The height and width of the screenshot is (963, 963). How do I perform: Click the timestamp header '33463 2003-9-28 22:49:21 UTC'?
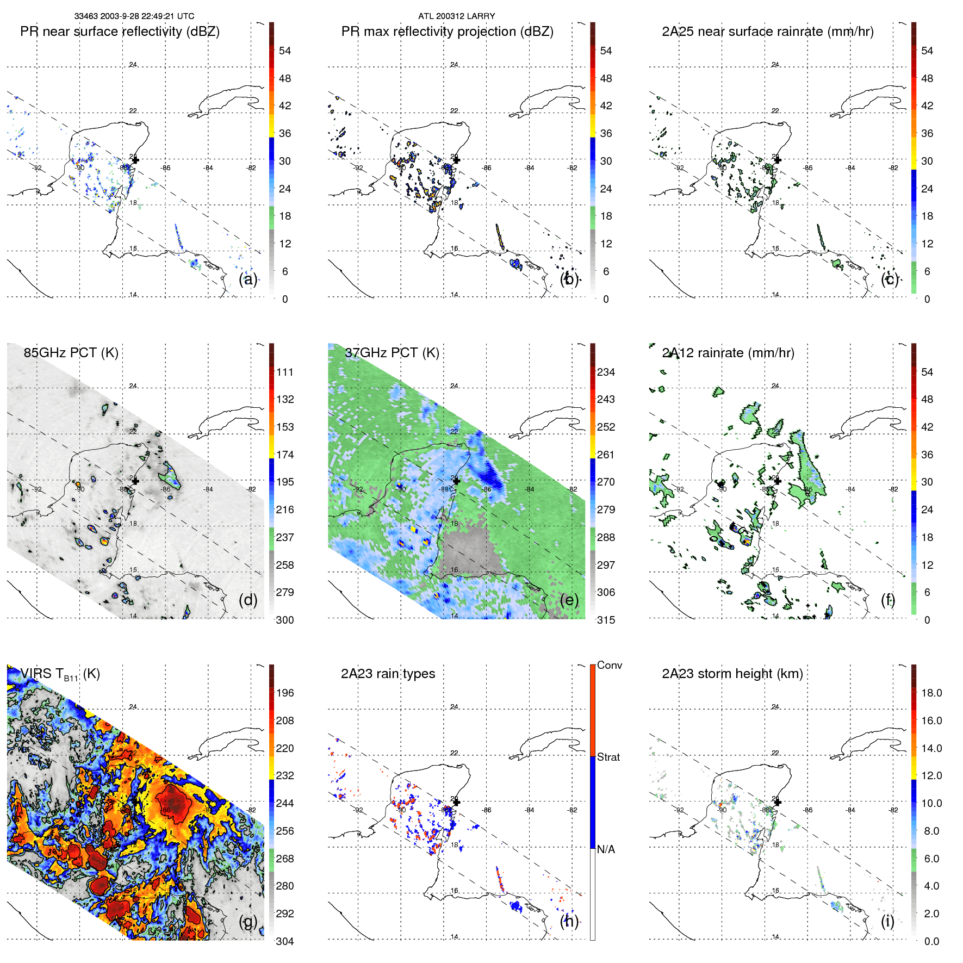click(134, 16)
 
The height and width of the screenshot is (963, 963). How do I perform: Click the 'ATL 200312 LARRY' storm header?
click(456, 16)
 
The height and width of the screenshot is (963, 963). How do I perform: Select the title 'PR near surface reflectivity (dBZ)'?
click(120, 32)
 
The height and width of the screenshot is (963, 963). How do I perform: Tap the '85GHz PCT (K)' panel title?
click(71, 352)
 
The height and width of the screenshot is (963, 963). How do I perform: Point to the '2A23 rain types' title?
click(388, 674)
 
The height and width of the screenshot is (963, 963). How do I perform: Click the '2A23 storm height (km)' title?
click(732, 674)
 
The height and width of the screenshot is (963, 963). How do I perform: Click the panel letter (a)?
click(248, 279)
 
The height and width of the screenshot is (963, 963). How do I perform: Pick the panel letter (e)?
click(569, 600)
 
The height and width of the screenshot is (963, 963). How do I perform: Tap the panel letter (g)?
click(248, 921)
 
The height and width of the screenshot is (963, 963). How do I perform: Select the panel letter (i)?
click(887, 921)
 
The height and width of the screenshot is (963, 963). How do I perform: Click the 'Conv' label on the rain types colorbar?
click(609, 665)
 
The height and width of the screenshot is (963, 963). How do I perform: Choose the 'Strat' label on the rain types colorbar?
click(608, 757)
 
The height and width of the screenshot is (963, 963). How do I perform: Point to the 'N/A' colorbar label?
click(606, 849)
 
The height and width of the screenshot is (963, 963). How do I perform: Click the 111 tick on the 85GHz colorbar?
click(285, 372)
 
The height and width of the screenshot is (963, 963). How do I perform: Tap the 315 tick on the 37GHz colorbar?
click(606, 620)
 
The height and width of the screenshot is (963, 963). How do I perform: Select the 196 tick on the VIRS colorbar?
click(285, 693)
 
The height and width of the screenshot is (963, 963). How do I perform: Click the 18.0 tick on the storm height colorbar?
click(931, 693)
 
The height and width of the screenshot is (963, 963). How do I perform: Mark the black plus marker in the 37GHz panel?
click(456, 481)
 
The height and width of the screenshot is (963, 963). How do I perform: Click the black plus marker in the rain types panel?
click(456, 802)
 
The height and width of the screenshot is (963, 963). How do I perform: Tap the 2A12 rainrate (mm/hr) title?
click(728, 352)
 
